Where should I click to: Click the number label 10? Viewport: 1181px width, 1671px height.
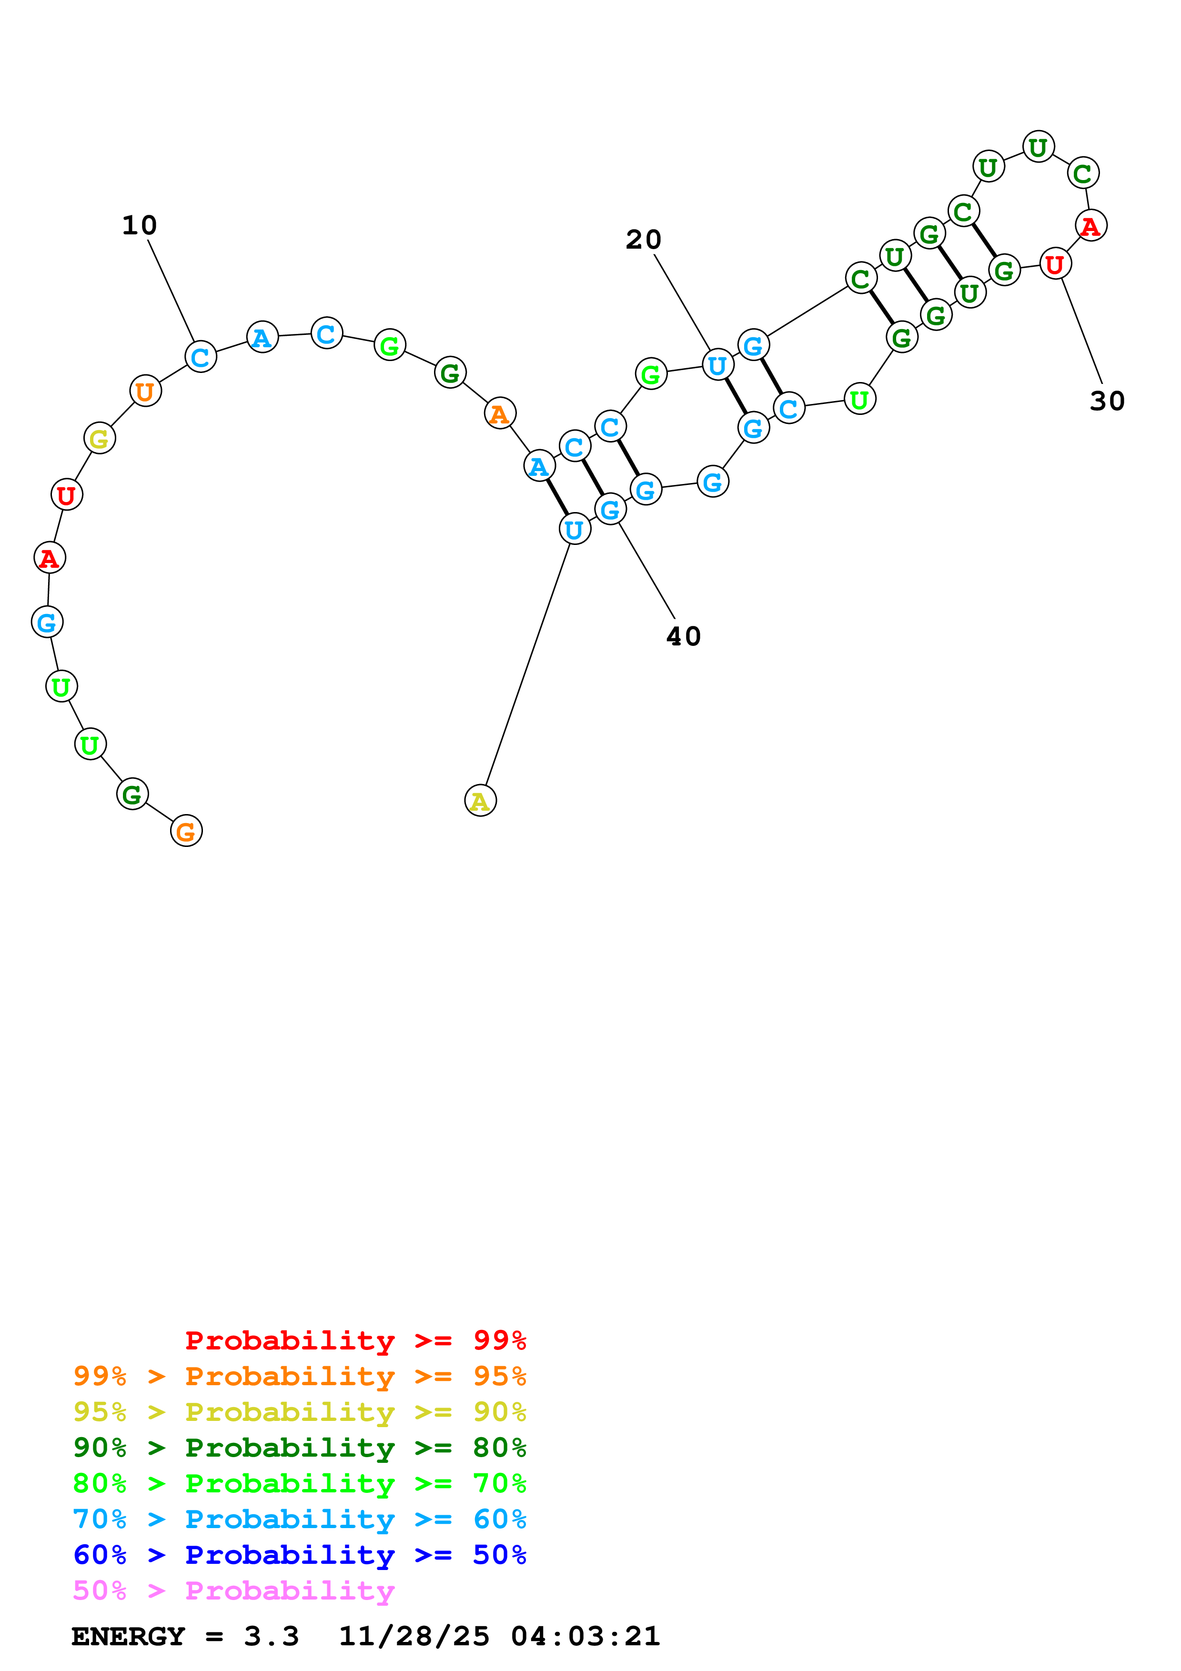coord(139,226)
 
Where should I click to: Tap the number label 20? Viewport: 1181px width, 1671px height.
coord(643,240)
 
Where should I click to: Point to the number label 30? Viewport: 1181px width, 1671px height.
coord(1107,401)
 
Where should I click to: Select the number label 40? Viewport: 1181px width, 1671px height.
coord(683,636)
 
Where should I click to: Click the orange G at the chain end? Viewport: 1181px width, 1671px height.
coord(186,831)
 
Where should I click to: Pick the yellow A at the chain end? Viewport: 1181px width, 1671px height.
coord(480,801)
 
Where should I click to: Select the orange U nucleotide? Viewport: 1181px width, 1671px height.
coord(145,392)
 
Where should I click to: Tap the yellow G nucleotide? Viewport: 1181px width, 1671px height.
coord(100,438)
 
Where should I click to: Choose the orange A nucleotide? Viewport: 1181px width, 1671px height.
coord(500,413)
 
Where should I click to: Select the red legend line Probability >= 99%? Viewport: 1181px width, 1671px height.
coord(355,1340)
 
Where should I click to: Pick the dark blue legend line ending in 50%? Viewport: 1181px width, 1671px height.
coord(299,1555)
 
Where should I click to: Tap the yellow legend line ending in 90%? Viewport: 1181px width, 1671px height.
coord(299,1412)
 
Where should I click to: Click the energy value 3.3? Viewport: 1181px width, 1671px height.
coord(272,1636)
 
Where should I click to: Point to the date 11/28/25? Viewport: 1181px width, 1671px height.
coord(414,1636)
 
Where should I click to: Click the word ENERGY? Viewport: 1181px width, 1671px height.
coord(128,1636)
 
